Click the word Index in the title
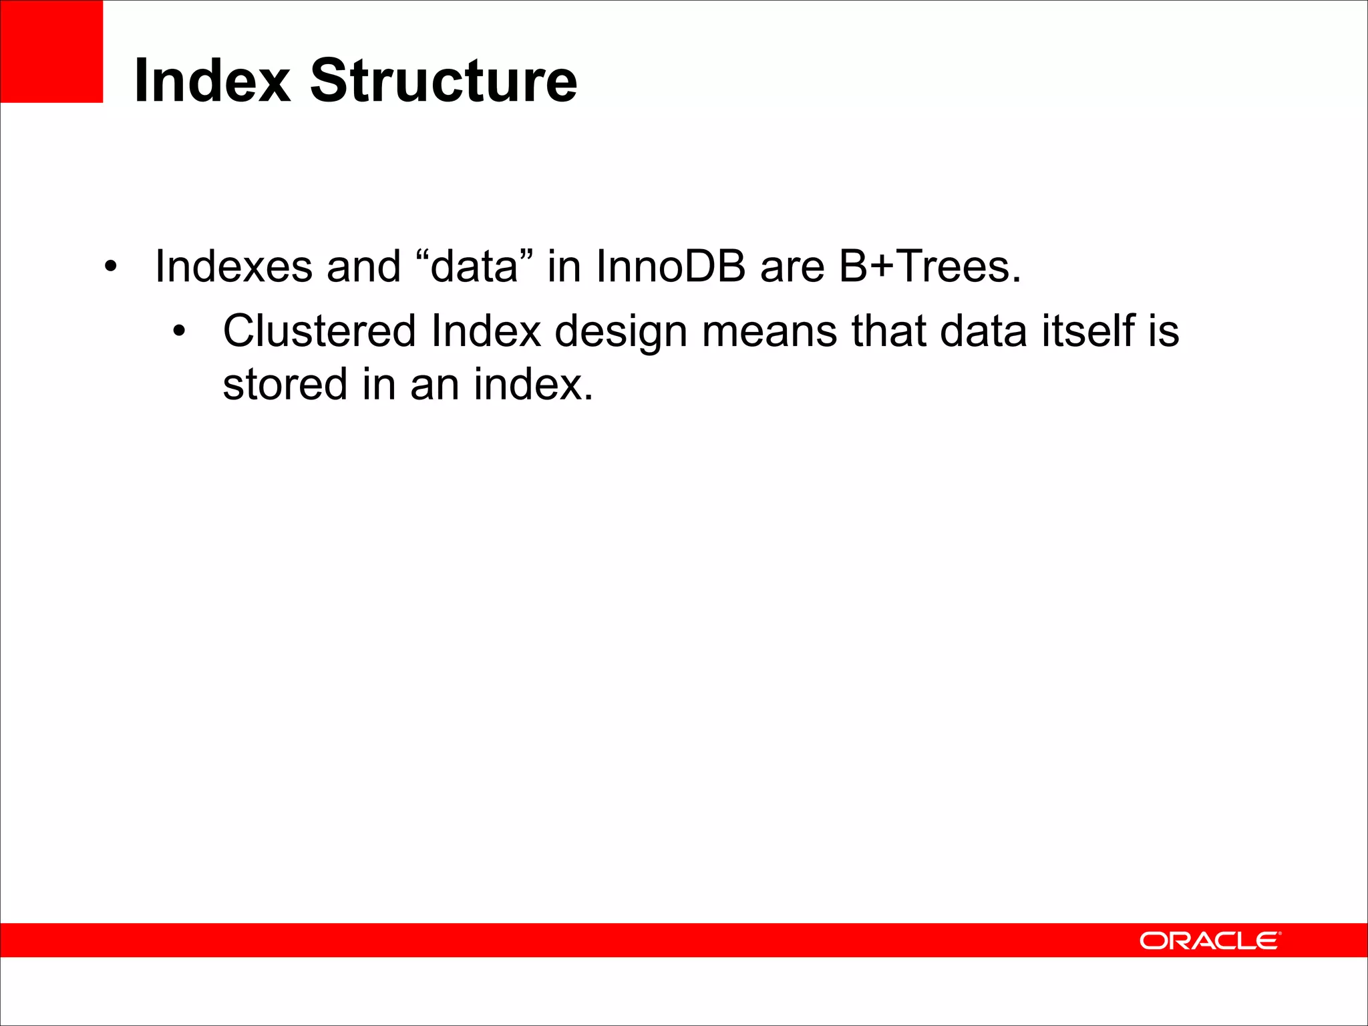click(x=212, y=80)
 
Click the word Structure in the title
click(x=444, y=80)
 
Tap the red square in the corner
click(x=51, y=51)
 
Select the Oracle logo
click(x=1210, y=940)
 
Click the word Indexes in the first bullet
click(x=234, y=266)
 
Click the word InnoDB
click(x=671, y=266)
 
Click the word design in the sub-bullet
click(x=621, y=332)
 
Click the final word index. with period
click(x=533, y=385)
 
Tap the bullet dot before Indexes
click(x=110, y=268)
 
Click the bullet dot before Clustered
click(x=178, y=332)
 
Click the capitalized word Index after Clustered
click(x=486, y=331)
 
